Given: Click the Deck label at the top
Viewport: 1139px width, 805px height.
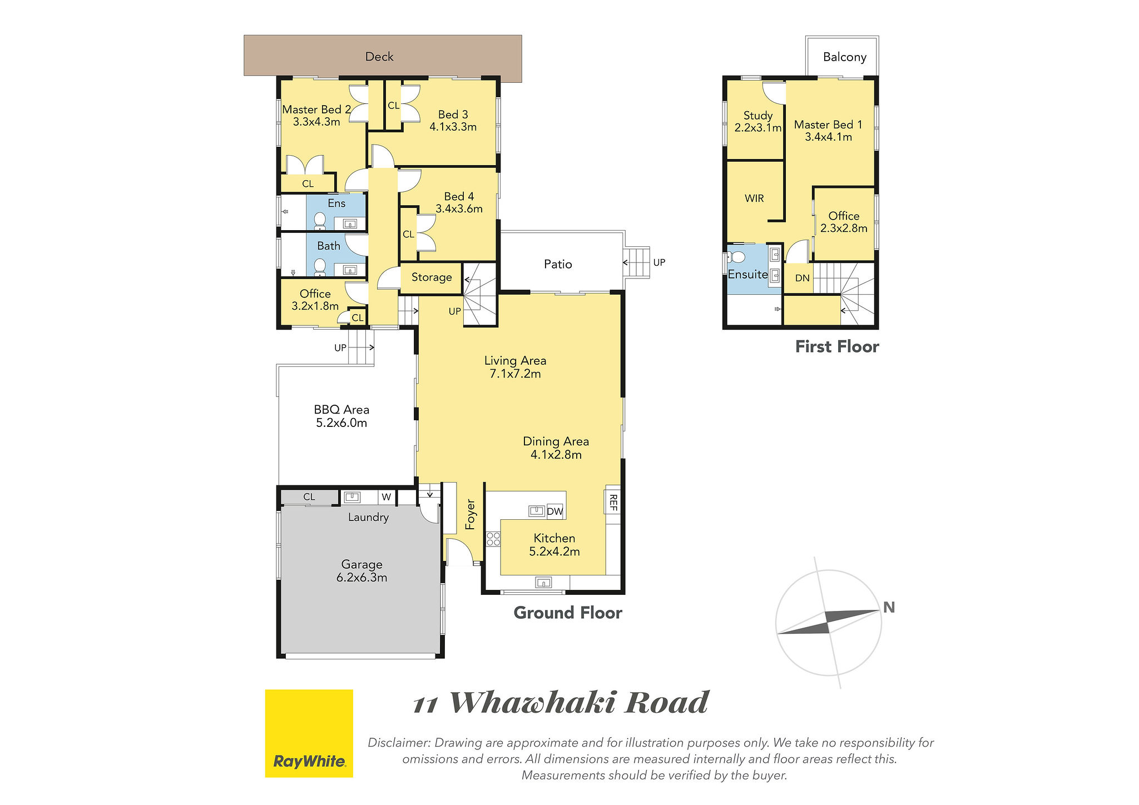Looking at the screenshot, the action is pos(379,57).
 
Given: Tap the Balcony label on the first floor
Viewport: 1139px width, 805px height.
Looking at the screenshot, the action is pos(845,57).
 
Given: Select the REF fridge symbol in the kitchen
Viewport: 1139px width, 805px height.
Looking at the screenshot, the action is pos(613,502).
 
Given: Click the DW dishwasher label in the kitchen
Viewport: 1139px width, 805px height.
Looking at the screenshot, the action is pos(555,511).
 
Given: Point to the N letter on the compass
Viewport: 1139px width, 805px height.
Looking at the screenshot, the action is pos(889,608).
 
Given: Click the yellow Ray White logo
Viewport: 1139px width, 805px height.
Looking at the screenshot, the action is pos(309,733).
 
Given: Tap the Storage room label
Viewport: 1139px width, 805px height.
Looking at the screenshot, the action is pos(432,277).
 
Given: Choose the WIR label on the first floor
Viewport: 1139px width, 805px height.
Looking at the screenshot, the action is pos(754,198).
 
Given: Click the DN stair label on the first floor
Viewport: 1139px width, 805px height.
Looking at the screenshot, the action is pos(803,278).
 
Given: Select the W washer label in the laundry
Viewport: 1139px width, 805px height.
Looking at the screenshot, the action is pos(387,497).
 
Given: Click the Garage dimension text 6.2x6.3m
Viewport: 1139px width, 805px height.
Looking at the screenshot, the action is pos(361,578).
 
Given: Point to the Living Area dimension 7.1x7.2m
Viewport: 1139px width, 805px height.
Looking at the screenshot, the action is pos(515,374).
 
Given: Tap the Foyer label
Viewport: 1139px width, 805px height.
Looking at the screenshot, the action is pos(471,514).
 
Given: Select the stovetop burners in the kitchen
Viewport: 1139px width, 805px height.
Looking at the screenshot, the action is pos(493,539).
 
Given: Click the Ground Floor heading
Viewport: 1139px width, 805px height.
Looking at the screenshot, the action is pos(568,613).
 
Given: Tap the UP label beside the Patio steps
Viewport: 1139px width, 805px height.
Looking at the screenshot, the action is pos(659,262).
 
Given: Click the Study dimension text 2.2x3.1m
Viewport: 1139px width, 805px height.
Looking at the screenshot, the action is pos(758,128).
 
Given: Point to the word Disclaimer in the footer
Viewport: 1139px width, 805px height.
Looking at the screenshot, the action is pos(399,743).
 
